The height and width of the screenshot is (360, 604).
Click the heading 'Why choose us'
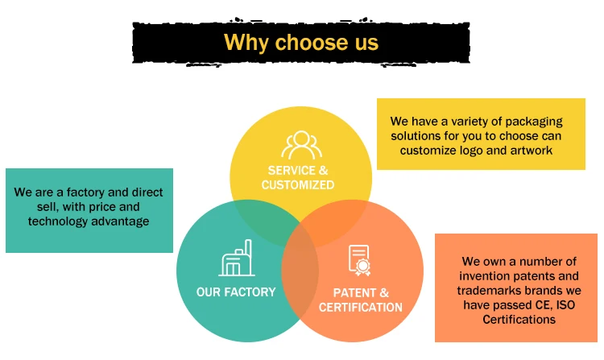(x=300, y=42)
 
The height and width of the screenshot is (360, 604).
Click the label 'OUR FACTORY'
(x=236, y=292)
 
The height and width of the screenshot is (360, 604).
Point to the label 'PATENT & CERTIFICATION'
(x=360, y=300)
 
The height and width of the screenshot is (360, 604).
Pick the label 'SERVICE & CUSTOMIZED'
(x=297, y=177)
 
